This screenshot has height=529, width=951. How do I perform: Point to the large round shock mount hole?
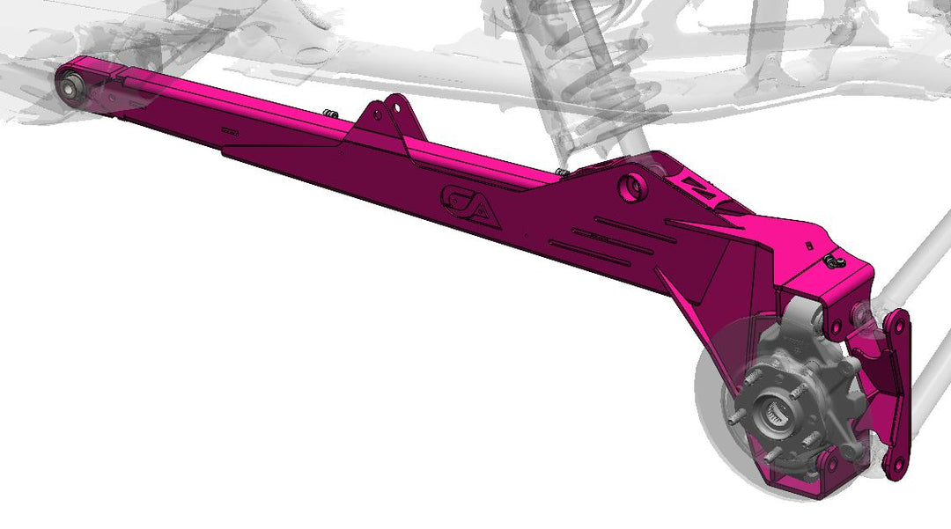631,186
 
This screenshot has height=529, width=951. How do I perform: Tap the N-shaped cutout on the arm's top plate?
701,188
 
